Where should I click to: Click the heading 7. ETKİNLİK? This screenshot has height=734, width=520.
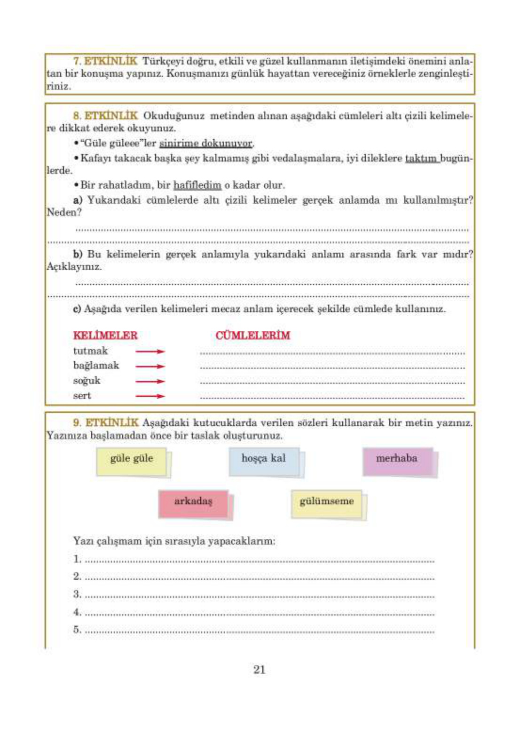click(105, 61)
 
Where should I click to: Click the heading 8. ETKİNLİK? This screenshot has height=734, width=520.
click(105, 116)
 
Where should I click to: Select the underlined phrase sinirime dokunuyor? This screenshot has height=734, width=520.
click(206, 144)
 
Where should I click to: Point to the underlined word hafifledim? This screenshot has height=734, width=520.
click(197, 185)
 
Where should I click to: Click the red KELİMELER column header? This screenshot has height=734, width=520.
click(105, 335)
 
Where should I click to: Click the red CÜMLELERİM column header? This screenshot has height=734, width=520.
click(253, 335)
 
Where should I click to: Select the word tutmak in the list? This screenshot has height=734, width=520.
click(90, 351)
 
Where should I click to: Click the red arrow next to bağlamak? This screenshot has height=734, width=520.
click(150, 366)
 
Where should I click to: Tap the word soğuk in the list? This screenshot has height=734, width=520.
click(87, 381)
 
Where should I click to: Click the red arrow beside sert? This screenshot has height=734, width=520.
click(150, 396)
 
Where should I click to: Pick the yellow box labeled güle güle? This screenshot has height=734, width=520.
click(132, 461)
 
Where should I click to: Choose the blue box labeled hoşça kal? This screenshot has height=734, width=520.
click(264, 461)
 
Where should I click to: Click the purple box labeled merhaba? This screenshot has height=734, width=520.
click(397, 461)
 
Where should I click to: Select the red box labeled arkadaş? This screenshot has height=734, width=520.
click(193, 503)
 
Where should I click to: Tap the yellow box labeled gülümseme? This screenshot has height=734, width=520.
click(327, 503)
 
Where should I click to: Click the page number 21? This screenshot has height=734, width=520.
click(260, 670)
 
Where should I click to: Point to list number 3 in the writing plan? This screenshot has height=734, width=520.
click(77, 594)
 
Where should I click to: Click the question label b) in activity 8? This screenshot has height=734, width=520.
click(78, 255)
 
